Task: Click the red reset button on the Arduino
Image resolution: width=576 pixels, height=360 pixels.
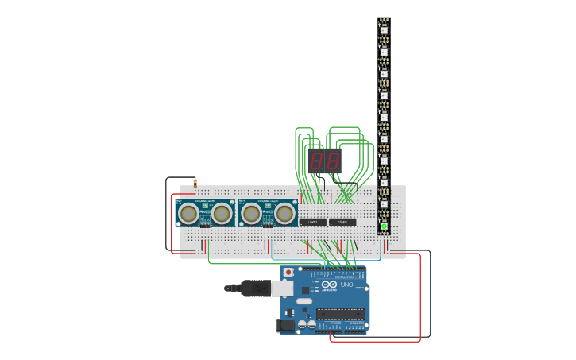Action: pos(288,273)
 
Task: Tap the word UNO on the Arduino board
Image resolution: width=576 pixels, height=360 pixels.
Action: pos(347,285)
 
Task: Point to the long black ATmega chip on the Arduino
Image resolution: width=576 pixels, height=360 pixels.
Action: pos(341,313)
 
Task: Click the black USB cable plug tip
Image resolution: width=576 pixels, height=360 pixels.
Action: pos(228,288)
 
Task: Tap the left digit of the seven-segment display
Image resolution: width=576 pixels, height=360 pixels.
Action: pos(317,161)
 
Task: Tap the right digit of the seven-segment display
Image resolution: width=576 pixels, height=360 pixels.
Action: pos(333,161)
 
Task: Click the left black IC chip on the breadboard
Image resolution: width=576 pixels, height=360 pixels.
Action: pos(312,222)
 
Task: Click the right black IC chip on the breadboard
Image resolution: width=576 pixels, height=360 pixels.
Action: pos(342,222)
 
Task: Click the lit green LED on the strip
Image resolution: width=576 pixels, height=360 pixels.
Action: pos(384,226)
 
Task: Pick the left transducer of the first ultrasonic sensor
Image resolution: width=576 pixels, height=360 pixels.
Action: pos(188,213)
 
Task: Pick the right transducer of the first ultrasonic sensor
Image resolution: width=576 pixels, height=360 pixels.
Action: pos(222,213)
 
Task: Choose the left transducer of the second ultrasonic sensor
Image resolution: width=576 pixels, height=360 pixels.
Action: pos(251,213)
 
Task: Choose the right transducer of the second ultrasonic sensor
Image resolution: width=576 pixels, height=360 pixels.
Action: pos(284,213)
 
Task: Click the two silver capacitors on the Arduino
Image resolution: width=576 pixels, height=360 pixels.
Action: pos(306,324)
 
